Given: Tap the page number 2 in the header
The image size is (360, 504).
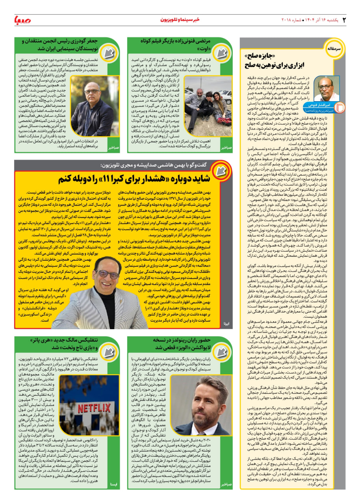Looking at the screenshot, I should click(344, 20).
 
